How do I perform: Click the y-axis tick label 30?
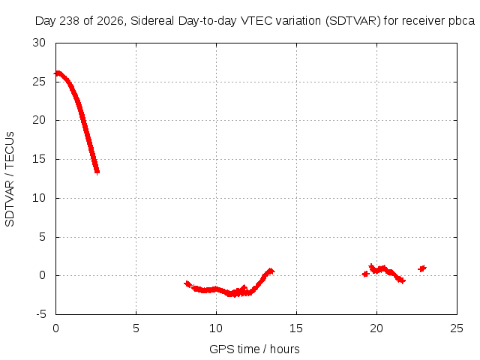click(39, 43)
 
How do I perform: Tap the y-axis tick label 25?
click(39, 82)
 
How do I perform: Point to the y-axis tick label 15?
click(39, 159)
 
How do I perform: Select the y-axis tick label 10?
click(39, 198)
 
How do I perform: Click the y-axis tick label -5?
click(40, 314)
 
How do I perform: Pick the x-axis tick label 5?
click(136, 328)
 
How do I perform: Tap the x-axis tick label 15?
click(296, 328)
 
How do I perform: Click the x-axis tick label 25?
click(457, 328)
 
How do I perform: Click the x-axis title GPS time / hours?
click(254, 349)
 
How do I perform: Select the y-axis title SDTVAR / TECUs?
click(10, 179)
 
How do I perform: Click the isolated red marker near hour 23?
click(422, 268)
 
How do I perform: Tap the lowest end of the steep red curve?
click(97, 172)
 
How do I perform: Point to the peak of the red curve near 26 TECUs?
click(58, 73)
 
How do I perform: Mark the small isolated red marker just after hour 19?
click(365, 274)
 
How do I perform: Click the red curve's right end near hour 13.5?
click(271, 271)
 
